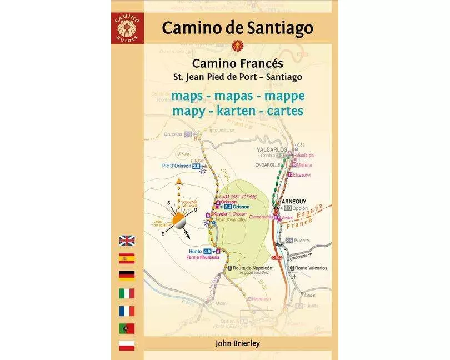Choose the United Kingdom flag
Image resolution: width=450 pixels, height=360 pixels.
pyautogui.click(x=127, y=241)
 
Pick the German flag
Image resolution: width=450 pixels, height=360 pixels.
pyautogui.click(x=127, y=275)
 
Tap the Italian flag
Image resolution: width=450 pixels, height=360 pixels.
pyautogui.click(x=127, y=293)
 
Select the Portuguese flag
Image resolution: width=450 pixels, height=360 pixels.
pyautogui.click(x=127, y=328)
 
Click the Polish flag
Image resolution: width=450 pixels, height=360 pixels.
pyautogui.click(x=127, y=345)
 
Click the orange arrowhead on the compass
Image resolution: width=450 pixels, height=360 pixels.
pyautogui.click(x=179, y=182)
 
